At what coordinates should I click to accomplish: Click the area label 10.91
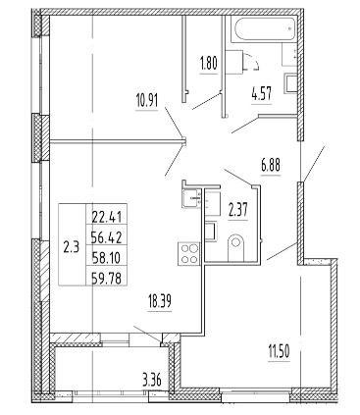(146, 101)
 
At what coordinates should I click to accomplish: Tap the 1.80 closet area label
(208, 64)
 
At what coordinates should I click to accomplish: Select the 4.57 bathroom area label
(261, 93)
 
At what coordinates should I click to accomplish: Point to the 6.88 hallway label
(271, 166)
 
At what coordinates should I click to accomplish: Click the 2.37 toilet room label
(237, 210)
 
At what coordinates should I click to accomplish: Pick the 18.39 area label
(160, 301)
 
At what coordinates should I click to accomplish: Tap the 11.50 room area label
(279, 353)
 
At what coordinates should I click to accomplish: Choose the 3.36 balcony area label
(153, 381)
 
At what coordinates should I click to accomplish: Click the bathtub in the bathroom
(264, 28)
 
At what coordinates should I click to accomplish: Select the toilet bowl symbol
(235, 247)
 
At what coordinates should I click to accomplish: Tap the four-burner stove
(188, 254)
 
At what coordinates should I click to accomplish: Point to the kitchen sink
(191, 198)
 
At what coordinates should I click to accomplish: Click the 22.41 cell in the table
(107, 217)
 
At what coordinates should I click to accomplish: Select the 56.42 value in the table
(107, 237)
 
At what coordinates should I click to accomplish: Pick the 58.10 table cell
(107, 258)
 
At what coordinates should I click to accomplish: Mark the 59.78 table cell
(107, 279)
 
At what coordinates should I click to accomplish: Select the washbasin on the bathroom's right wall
(291, 82)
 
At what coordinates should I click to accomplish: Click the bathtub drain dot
(289, 28)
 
